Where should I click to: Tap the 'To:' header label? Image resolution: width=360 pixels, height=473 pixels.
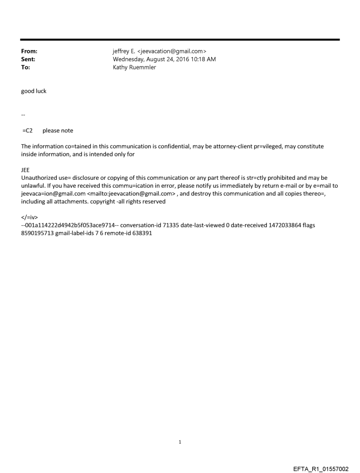coord(26,67)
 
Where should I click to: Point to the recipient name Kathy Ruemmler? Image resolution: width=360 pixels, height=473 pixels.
coord(134,67)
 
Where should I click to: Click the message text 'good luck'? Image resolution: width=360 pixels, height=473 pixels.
coord(34,91)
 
